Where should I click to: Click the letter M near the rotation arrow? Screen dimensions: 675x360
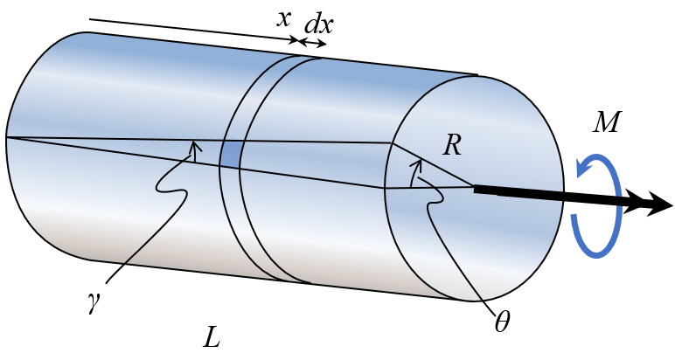click(x=607, y=121)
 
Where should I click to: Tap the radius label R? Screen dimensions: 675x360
click(x=452, y=145)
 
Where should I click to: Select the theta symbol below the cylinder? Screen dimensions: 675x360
click(x=502, y=322)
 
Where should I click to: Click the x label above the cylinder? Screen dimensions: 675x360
click(x=283, y=19)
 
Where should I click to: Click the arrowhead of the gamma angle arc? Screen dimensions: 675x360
click(x=195, y=146)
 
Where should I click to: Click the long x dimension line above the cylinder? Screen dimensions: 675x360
click(x=193, y=30)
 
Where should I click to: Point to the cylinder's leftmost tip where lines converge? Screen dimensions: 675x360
click(x=6, y=138)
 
